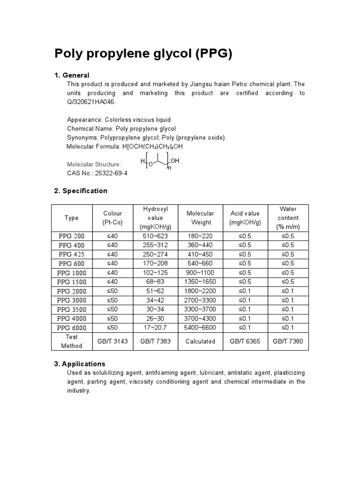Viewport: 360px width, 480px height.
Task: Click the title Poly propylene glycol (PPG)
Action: (x=143, y=54)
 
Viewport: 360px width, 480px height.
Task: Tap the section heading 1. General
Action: (x=72, y=75)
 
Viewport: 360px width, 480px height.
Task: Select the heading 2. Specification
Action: (x=81, y=191)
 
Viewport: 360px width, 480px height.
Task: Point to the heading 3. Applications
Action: (x=80, y=364)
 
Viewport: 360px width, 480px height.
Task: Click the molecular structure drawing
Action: (x=160, y=163)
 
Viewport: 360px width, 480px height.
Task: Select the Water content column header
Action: (x=288, y=218)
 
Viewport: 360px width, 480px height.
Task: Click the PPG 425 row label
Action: (x=72, y=254)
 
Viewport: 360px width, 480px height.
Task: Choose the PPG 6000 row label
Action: (x=72, y=328)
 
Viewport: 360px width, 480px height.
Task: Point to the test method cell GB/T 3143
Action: (x=112, y=341)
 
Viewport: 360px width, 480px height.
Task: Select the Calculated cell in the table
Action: (x=200, y=341)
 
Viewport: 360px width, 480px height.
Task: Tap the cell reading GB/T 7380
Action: (x=288, y=341)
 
